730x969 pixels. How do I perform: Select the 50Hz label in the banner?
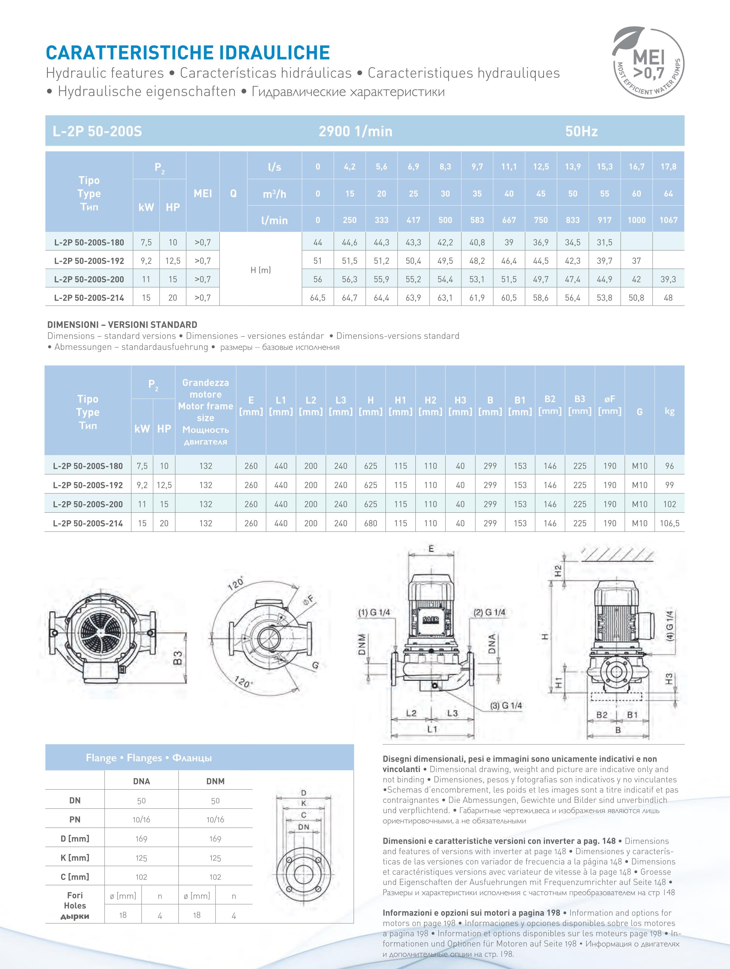tap(581, 131)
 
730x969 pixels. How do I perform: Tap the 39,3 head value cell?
tap(668, 279)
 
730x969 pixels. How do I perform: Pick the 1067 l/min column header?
tap(668, 220)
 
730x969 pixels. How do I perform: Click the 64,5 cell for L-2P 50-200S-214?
tap(318, 298)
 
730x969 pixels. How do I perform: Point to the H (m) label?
tap(261, 270)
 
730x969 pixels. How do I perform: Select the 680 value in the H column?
tap(371, 523)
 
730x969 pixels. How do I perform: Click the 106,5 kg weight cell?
tap(670, 523)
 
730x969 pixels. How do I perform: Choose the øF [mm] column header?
tap(610, 405)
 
